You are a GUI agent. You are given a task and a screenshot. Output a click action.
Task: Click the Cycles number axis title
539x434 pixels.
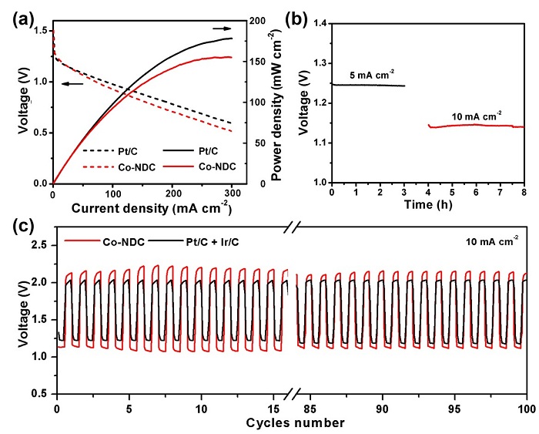(290, 422)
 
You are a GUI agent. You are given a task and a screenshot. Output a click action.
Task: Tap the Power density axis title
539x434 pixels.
(275, 103)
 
